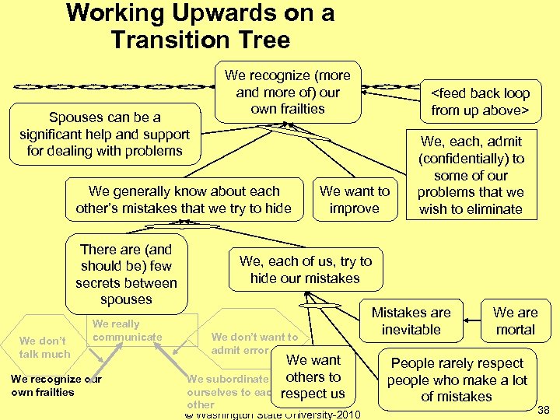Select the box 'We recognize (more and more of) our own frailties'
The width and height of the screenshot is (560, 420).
(x=288, y=92)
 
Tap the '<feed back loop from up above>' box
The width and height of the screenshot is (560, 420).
(x=480, y=102)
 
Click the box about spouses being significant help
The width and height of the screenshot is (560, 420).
(x=104, y=134)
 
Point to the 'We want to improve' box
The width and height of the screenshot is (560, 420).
(x=354, y=199)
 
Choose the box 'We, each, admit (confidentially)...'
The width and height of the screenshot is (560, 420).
(x=471, y=175)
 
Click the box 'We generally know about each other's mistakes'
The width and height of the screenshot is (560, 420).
(x=184, y=199)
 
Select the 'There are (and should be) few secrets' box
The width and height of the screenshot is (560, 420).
(x=126, y=274)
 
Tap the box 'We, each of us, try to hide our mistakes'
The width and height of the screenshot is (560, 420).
(x=305, y=270)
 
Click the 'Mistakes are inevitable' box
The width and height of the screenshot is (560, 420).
(x=411, y=320)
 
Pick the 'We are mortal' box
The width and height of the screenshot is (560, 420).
(x=515, y=320)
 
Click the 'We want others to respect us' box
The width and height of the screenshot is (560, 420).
(x=313, y=377)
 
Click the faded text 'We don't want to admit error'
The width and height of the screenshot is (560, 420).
(x=254, y=343)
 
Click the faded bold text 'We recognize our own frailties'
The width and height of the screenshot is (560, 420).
(x=56, y=385)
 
